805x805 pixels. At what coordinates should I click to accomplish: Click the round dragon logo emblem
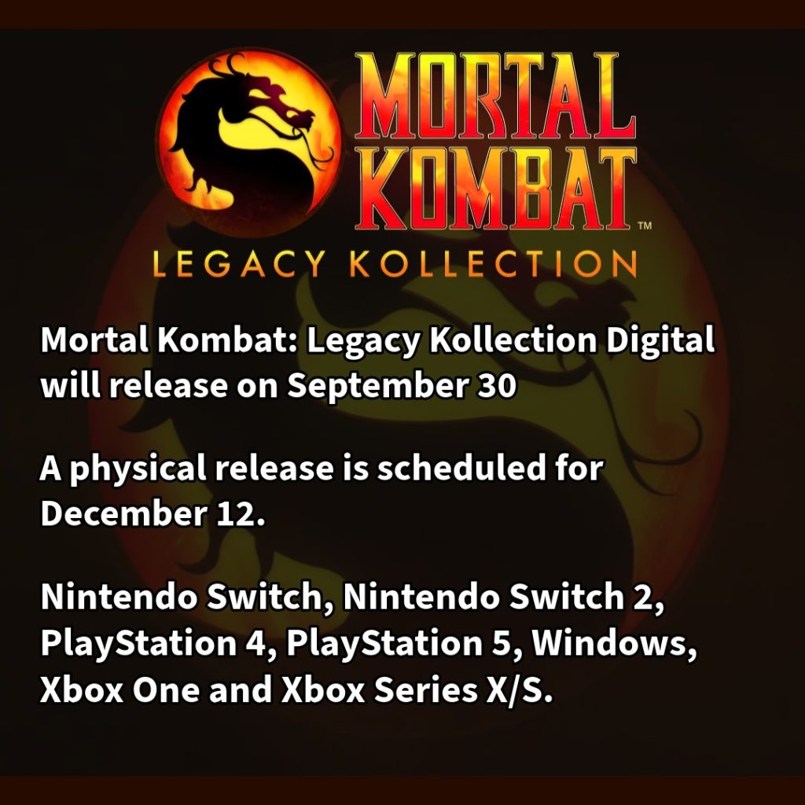249,142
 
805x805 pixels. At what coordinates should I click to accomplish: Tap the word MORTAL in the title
495,96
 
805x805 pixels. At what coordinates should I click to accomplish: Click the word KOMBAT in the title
495,189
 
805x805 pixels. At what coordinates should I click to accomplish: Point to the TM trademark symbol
645,225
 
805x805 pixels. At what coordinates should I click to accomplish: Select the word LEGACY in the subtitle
239,264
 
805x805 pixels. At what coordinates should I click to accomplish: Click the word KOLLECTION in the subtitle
494,264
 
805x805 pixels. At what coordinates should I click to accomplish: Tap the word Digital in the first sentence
660,341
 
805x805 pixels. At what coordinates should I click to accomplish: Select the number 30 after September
496,385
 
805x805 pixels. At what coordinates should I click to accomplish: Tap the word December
123,513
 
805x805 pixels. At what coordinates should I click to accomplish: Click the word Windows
610,643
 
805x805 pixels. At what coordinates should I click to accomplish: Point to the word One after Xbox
166,689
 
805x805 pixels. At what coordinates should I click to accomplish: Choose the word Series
425,689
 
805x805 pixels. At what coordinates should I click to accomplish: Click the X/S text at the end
515,689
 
